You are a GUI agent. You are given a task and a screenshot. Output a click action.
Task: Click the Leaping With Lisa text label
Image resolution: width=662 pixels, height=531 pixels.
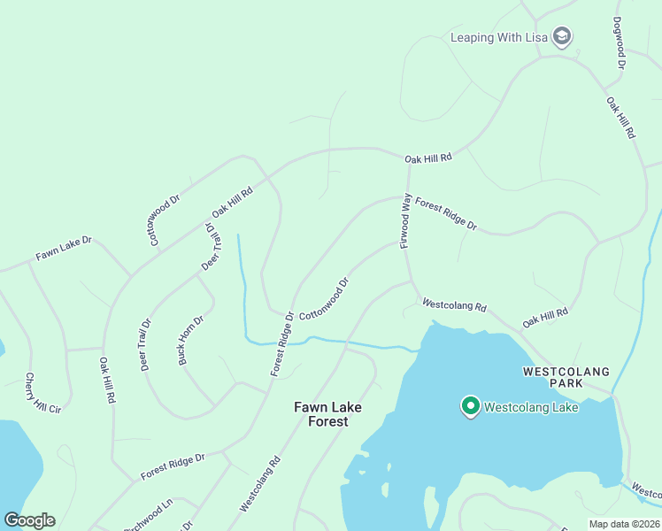499,37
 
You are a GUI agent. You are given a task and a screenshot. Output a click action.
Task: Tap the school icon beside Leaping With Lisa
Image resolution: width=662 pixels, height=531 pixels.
560,36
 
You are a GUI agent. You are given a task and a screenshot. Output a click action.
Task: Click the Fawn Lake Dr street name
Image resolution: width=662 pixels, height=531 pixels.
64,249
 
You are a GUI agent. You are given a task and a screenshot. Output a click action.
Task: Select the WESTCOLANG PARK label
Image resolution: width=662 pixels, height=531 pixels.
565,377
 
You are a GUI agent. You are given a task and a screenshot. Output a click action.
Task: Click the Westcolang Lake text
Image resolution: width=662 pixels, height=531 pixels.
531,408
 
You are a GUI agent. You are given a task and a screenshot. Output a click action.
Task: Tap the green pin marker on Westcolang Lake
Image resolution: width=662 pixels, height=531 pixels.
470,405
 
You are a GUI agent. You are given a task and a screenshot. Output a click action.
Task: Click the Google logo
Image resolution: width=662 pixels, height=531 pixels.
29,520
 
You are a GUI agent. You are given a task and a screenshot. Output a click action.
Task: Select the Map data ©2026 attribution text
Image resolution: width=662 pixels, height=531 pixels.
624,524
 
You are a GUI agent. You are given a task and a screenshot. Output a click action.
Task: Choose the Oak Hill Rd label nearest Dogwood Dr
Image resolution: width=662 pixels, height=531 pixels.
621,117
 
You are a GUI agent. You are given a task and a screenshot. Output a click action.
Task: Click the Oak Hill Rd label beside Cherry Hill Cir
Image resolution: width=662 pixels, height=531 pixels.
107,381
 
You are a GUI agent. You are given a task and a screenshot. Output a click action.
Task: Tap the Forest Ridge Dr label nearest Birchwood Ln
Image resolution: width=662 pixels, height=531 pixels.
172,467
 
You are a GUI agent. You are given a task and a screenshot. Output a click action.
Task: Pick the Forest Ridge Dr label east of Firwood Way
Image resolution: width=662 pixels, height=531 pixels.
446,214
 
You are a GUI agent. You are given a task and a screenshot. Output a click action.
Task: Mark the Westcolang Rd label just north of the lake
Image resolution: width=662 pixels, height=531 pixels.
454,305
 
